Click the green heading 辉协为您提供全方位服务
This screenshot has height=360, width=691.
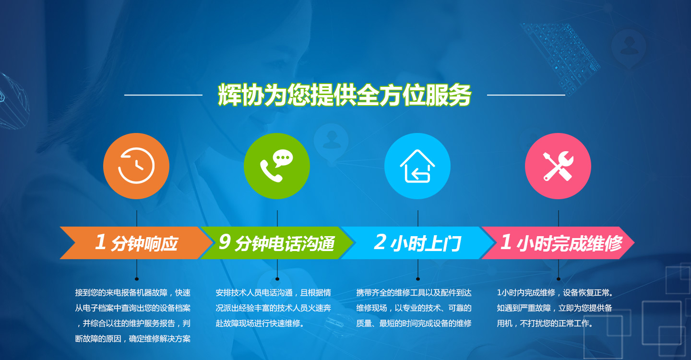[344, 95]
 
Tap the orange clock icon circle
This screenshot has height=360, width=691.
[136, 166]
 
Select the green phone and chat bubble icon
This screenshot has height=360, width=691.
[277, 166]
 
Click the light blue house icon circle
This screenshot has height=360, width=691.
[417, 166]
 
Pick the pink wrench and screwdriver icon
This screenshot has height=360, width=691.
[558, 166]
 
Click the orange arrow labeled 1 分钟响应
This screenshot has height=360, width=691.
[136, 243]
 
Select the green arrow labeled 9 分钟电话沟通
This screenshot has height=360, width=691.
[277, 243]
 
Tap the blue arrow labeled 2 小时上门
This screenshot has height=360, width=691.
[417, 243]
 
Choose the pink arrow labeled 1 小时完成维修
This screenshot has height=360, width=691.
[558, 243]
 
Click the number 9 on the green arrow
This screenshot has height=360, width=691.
[225, 241]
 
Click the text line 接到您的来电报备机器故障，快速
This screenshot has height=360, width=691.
[132, 292]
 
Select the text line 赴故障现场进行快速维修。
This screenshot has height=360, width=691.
[260, 324]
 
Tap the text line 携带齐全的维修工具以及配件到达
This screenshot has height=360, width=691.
[414, 292]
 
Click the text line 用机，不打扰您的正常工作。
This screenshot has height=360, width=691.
[545, 324]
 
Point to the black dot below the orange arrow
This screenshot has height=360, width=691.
[137, 279]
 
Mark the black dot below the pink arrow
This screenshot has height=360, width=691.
[559, 279]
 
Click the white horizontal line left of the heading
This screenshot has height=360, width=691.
[163, 95]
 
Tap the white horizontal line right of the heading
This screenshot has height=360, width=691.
[526, 95]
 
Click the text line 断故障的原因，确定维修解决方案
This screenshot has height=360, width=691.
[132, 339]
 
